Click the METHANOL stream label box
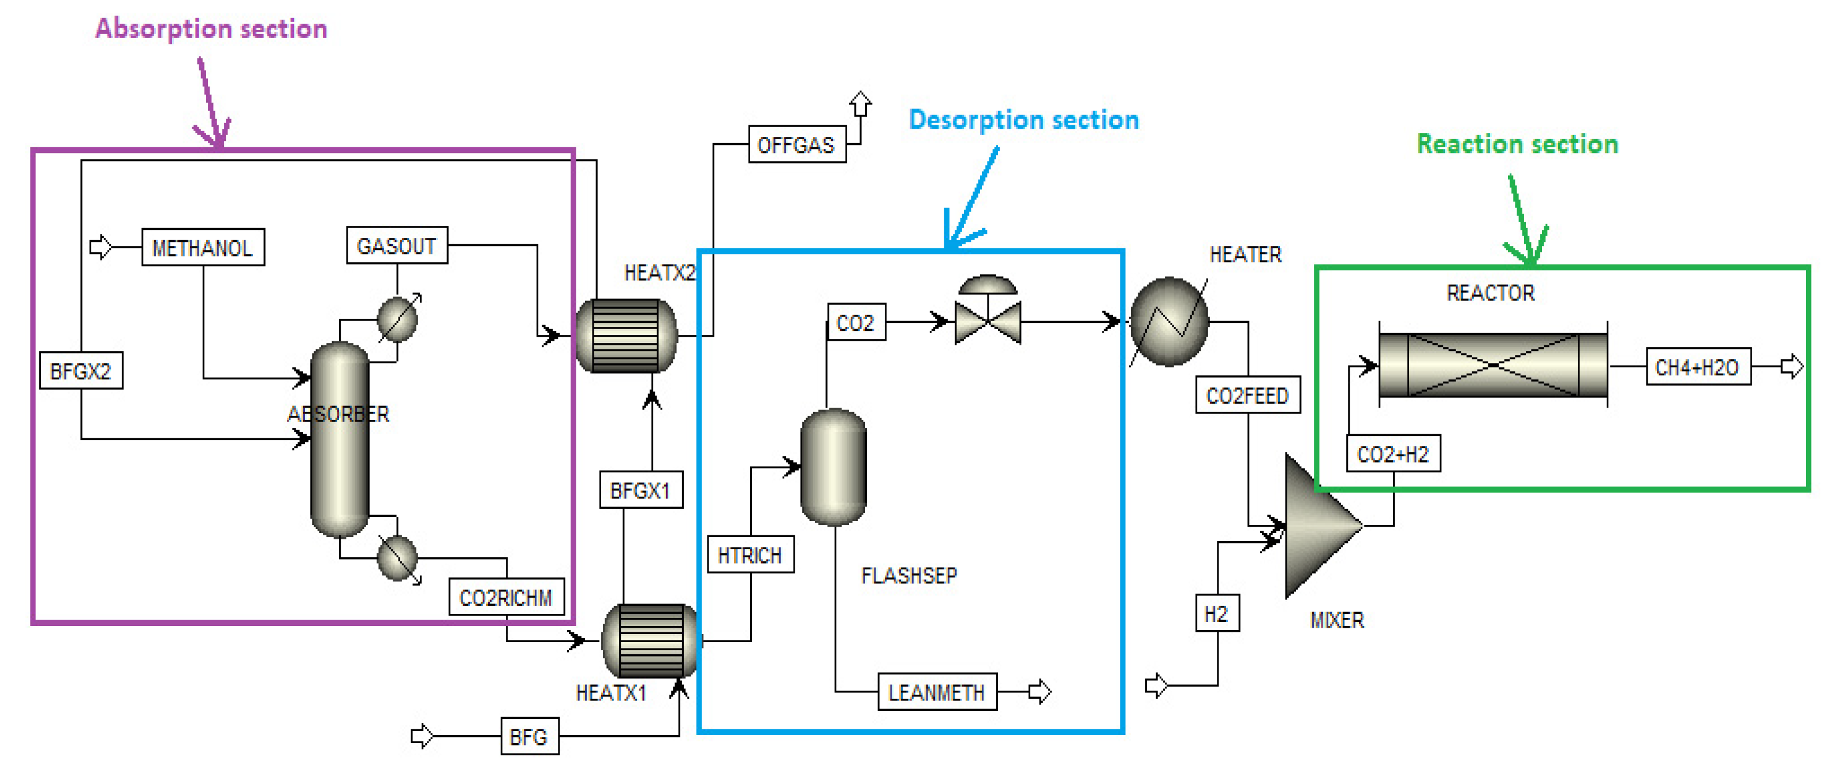203,248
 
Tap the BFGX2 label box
81,371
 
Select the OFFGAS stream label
796,145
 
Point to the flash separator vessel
833,467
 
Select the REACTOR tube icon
1492,365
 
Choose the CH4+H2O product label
1697,367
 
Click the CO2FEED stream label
1247,395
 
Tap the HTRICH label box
750,555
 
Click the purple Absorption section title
211,28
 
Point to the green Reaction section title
1517,144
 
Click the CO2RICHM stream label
506,597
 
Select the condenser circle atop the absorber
397,318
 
